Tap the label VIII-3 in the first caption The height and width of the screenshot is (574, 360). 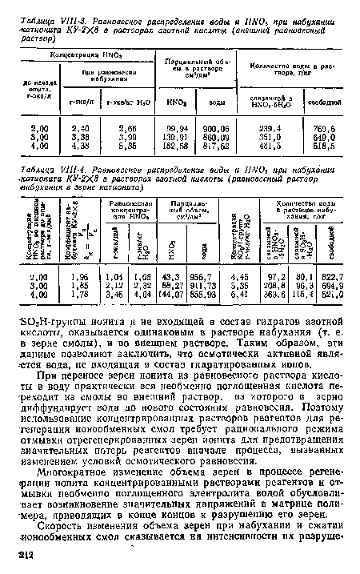[x=60, y=5]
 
